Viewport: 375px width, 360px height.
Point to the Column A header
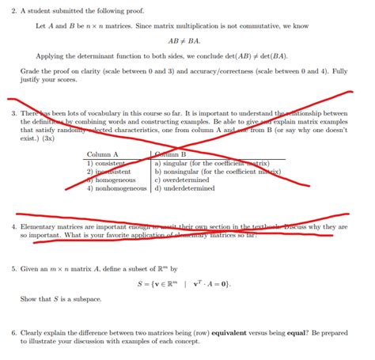(x=103, y=154)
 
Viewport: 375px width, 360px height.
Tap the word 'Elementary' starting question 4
(x=39, y=226)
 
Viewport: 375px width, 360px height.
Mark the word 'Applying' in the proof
(x=51, y=58)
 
